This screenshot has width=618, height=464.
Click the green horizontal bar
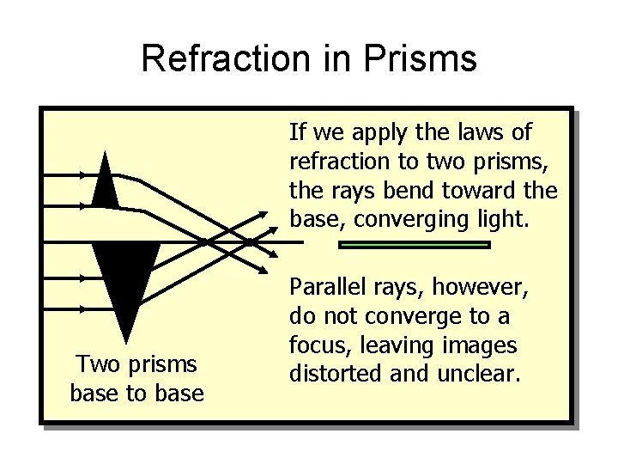click(x=415, y=245)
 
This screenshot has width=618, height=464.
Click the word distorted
click(x=331, y=375)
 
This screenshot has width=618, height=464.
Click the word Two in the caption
click(x=95, y=364)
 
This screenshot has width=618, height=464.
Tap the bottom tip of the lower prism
click(x=127, y=340)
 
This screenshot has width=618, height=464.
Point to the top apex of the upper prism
click(x=106, y=153)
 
